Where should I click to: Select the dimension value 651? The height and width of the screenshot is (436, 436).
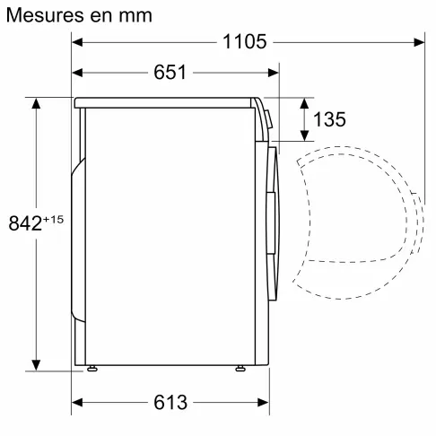click(x=170, y=72)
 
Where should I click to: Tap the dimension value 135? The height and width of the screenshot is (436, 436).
click(x=329, y=120)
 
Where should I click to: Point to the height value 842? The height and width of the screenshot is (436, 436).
click(x=24, y=223)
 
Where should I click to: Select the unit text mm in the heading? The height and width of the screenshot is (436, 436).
click(x=134, y=15)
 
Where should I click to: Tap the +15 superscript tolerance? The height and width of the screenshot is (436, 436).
click(x=53, y=218)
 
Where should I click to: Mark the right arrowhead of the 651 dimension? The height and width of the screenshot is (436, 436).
click(x=273, y=72)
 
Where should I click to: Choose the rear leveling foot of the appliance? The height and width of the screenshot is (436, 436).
click(x=92, y=369)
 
